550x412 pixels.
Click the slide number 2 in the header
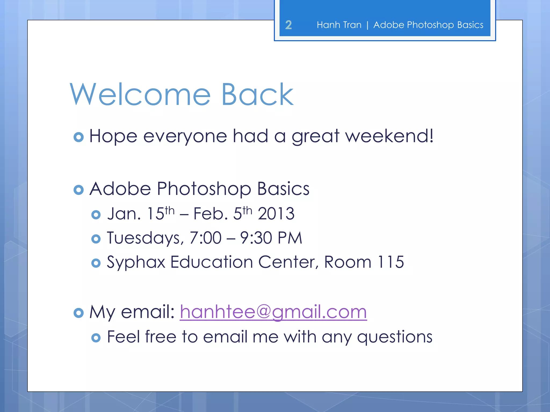pyautogui.click(x=288, y=25)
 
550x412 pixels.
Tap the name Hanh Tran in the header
pyautogui.click(x=339, y=25)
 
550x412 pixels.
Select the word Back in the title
pyautogui.click(x=257, y=95)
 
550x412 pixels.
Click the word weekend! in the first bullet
pyautogui.click(x=389, y=136)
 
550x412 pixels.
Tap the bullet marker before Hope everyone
pyautogui.click(x=78, y=137)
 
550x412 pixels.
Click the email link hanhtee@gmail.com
pyautogui.click(x=273, y=312)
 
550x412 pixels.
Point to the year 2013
pyautogui.click(x=276, y=214)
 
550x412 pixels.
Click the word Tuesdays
pyautogui.click(x=145, y=238)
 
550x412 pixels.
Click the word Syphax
pyautogui.click(x=136, y=262)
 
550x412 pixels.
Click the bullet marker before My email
pyautogui.click(x=78, y=313)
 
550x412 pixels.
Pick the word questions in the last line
pyautogui.click(x=395, y=337)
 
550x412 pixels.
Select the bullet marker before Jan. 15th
pyautogui.click(x=96, y=215)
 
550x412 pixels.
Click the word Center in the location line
pyautogui.click(x=288, y=262)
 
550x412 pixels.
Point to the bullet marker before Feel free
pyautogui.click(x=96, y=338)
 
